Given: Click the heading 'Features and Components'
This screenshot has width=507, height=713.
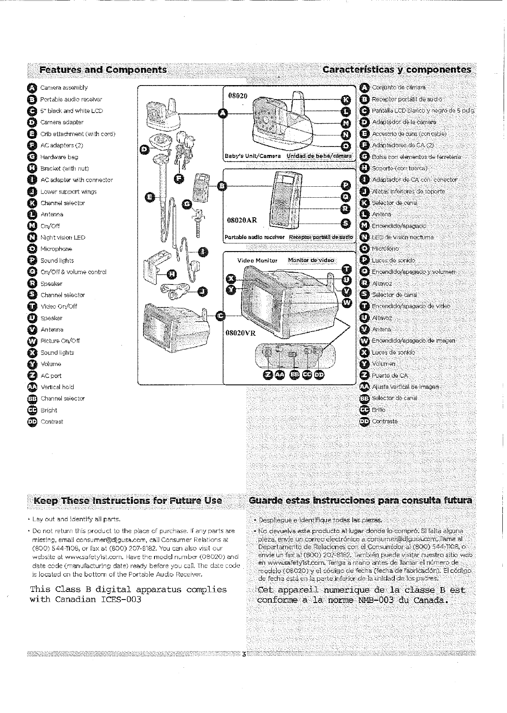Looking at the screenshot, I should pyautogui.click(x=102, y=70).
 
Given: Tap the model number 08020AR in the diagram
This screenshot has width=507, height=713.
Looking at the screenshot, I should pyautogui.click(x=242, y=221).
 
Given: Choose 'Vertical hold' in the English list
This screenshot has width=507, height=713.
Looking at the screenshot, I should pyautogui.click(x=57, y=387).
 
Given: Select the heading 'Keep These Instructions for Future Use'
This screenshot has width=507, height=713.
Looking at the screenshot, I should pyautogui.click(x=128, y=500).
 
